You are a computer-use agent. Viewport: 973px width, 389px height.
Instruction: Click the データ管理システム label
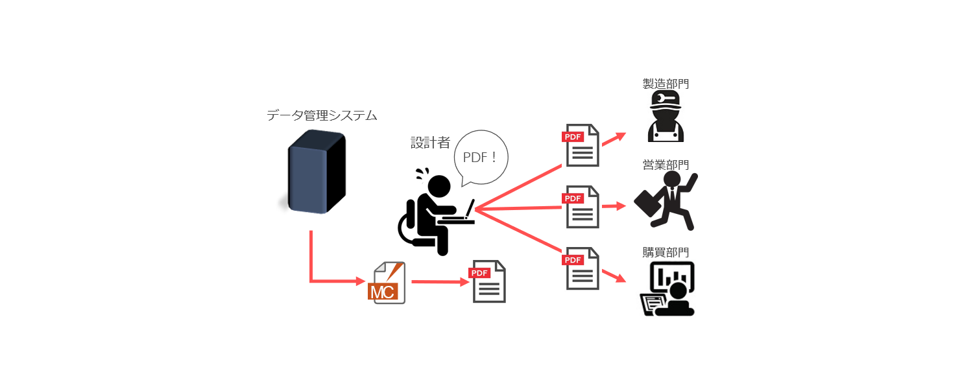(322, 116)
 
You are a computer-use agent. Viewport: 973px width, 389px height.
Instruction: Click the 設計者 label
(430, 143)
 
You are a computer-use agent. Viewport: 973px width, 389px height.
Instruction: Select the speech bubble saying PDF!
(481, 158)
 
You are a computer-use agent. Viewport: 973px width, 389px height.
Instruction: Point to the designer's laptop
(462, 215)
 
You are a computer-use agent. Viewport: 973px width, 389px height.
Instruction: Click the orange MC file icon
(387, 283)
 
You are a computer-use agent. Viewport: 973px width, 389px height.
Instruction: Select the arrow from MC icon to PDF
(439, 282)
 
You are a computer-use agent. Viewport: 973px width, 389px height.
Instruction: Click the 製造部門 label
(665, 84)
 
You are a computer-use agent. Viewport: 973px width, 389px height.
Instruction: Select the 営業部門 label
(665, 165)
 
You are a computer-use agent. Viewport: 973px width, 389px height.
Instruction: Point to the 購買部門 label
(665, 252)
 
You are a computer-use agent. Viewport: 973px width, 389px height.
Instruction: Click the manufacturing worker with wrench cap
(666, 117)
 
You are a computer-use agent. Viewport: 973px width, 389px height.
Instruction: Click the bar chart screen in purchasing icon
(671, 277)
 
